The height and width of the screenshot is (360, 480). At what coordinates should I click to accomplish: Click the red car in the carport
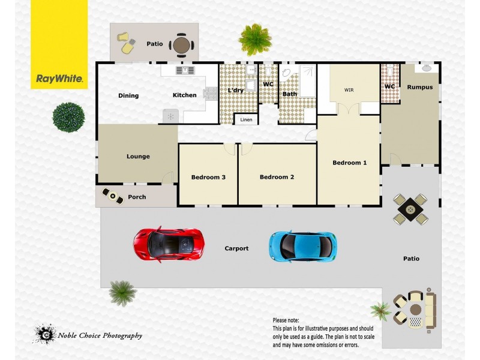click(x=169, y=244)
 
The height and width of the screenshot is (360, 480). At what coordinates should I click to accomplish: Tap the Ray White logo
click(x=59, y=79)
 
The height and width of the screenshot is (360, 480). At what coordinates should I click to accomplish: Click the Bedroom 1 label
click(x=349, y=163)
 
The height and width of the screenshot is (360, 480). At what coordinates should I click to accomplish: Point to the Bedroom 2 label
click(x=277, y=177)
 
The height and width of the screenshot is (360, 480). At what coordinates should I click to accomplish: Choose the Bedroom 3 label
click(x=208, y=177)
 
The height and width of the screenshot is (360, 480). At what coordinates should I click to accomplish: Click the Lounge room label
click(x=138, y=157)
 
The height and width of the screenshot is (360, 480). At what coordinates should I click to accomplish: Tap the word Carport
click(x=236, y=248)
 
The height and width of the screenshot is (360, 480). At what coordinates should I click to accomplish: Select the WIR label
click(x=349, y=90)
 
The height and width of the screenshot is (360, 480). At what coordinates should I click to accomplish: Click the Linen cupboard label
click(x=246, y=120)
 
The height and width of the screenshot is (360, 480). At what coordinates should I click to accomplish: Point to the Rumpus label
click(x=419, y=87)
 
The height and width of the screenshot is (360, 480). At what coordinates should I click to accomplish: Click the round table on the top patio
click(x=181, y=44)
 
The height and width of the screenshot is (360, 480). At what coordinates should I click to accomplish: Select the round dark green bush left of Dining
click(x=68, y=117)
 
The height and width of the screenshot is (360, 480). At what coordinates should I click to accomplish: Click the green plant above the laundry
click(x=256, y=40)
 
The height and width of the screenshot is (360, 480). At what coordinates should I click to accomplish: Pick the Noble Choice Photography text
click(x=100, y=335)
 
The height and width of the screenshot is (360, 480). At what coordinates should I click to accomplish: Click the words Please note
click(x=286, y=320)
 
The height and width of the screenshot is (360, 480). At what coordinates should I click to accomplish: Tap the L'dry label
click(x=235, y=91)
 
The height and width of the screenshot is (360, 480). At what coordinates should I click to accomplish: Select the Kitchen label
click(x=184, y=95)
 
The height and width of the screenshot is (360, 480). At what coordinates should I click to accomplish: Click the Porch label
click(x=137, y=197)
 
